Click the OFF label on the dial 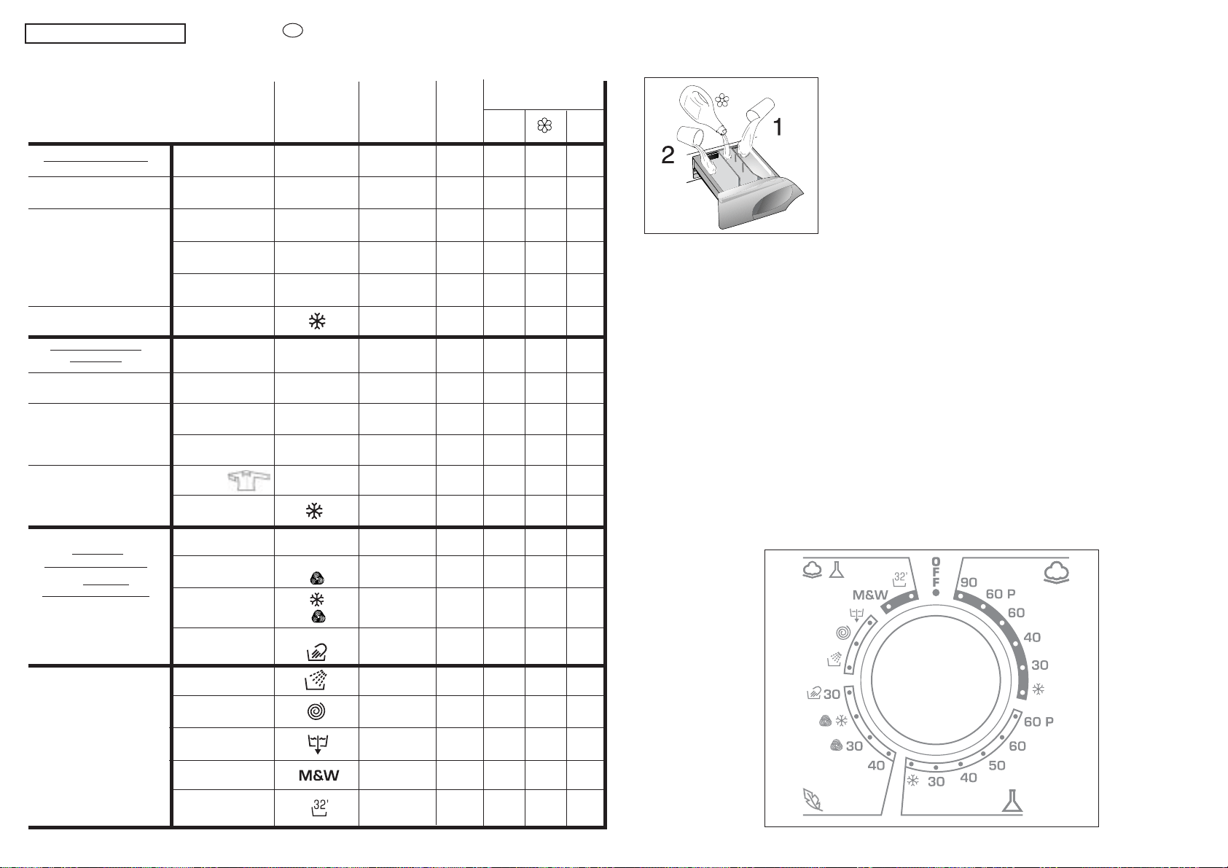pyautogui.click(x=936, y=572)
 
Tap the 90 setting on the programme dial pyautogui.click(x=969, y=582)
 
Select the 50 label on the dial pyautogui.click(x=997, y=765)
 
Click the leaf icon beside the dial pyautogui.click(x=813, y=800)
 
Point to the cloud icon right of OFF pyautogui.click(x=1057, y=572)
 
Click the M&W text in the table pyautogui.click(x=318, y=775)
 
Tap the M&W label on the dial pyautogui.click(x=870, y=595)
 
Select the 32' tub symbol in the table pyautogui.click(x=320, y=808)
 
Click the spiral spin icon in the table pyautogui.click(x=316, y=711)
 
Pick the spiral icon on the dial pyautogui.click(x=843, y=633)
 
